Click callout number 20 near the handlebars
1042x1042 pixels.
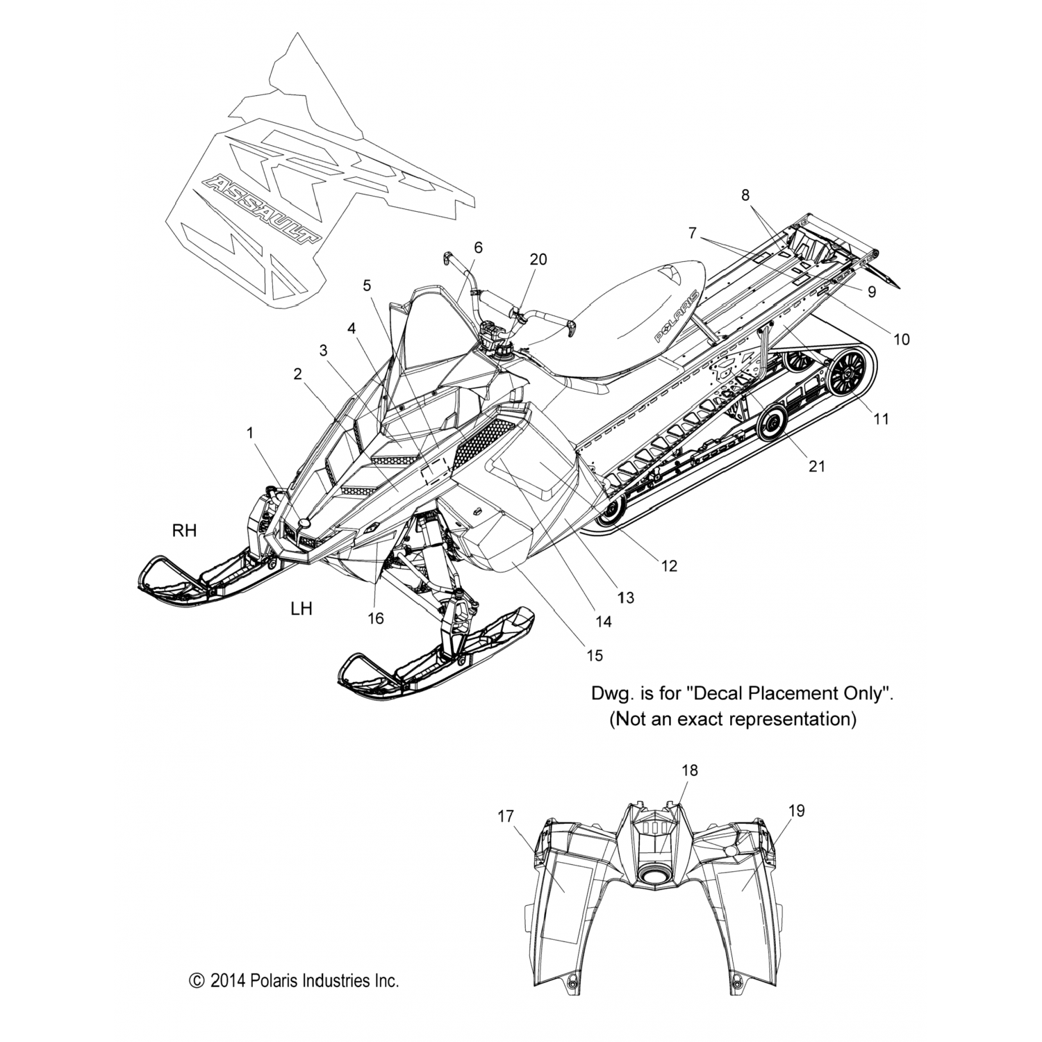pos(538,260)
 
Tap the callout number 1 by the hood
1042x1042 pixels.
pos(250,433)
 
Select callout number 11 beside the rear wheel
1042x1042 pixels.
pos(881,419)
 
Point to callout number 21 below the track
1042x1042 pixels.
pos(817,465)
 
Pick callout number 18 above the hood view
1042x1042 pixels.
pos(690,770)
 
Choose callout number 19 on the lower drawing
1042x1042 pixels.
pos(796,811)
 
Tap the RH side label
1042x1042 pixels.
pos(184,531)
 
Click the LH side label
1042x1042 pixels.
pos(301,609)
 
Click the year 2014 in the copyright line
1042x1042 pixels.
pos(229,981)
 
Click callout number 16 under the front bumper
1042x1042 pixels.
pos(375,618)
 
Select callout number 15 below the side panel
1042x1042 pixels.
pos(594,654)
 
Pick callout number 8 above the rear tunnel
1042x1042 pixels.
pos(745,195)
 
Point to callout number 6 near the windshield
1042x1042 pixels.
pos(478,247)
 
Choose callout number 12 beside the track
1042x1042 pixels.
pos(668,566)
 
